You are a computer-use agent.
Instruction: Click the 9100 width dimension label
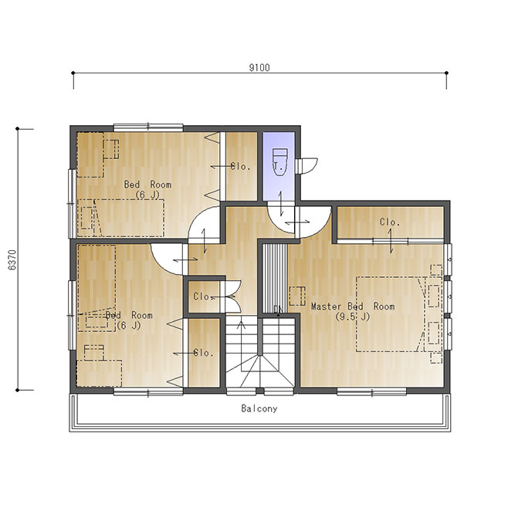[259, 68]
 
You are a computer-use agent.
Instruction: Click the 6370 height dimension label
[12, 260]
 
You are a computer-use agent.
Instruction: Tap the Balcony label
[259, 408]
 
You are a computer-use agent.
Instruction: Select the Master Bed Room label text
[353, 307]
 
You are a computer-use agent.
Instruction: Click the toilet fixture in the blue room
[279, 162]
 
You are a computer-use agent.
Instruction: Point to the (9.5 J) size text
[353, 317]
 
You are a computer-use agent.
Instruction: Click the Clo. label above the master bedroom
[390, 222]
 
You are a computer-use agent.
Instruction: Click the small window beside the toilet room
[299, 166]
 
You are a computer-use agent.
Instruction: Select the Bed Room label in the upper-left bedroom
[147, 185]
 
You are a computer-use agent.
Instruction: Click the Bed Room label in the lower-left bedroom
[129, 315]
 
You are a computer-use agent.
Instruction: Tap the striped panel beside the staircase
[275, 279]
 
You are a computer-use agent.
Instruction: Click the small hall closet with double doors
[204, 296]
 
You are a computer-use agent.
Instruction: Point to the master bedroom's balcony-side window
[371, 391]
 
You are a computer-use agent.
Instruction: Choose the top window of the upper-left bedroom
[148, 127]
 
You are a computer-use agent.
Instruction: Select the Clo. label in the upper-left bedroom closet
[240, 166]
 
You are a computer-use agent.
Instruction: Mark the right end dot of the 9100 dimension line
[446, 73]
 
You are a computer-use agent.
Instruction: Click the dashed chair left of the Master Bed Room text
[297, 296]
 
